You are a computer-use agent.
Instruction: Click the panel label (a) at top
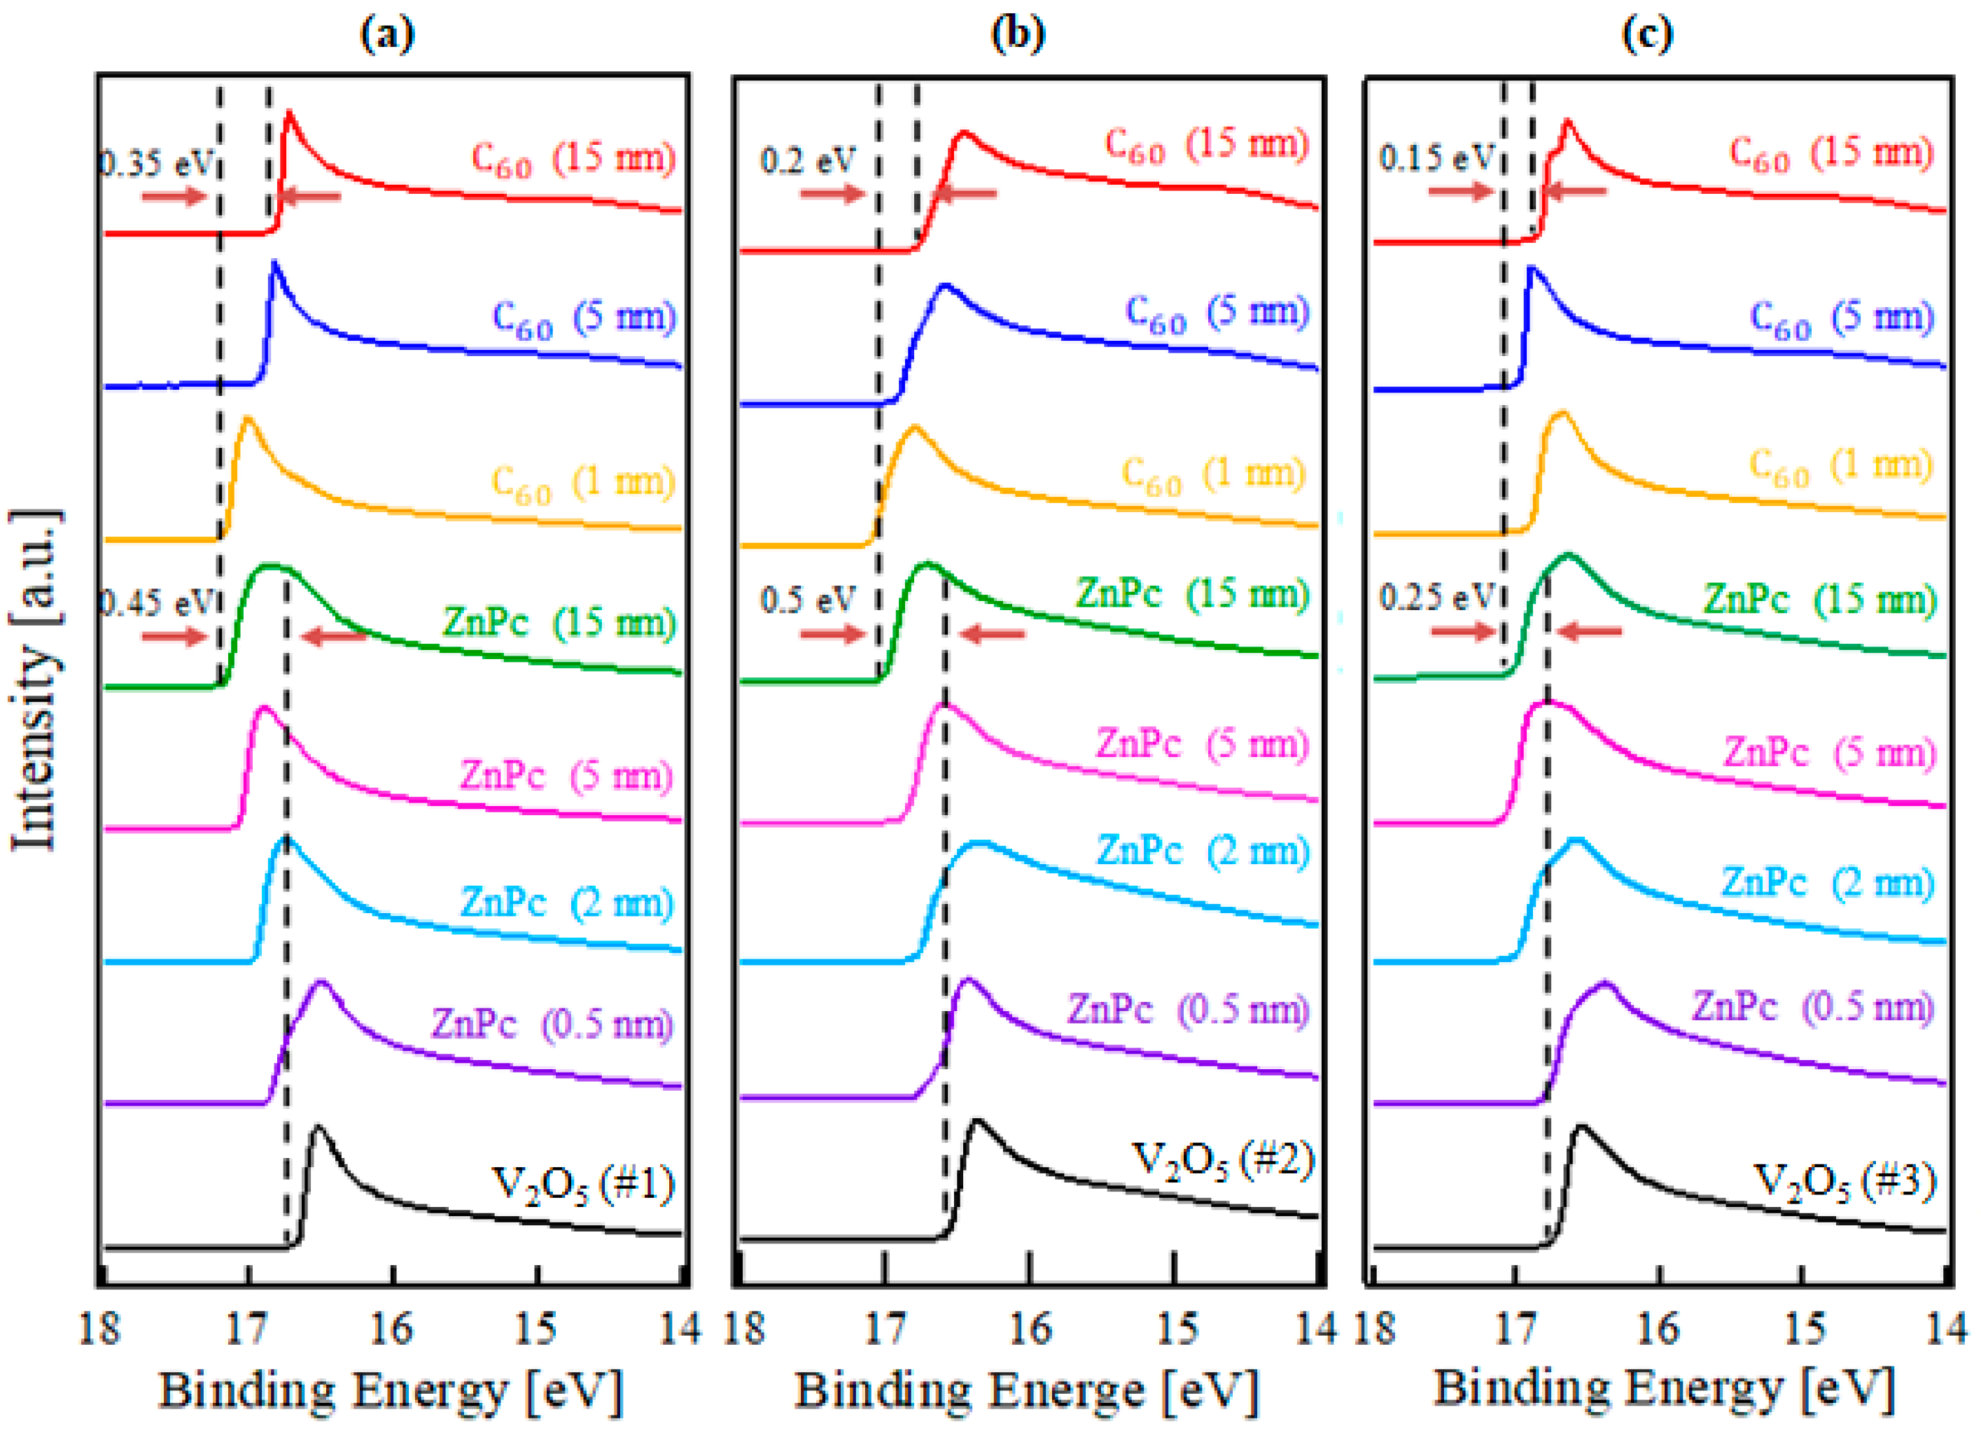click(387, 35)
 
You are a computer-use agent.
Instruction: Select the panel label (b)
click(1018, 35)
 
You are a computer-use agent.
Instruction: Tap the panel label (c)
click(1646, 35)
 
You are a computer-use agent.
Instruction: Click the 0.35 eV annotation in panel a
click(155, 162)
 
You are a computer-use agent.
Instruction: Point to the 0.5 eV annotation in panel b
click(807, 600)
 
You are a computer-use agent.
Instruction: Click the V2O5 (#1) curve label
click(584, 1186)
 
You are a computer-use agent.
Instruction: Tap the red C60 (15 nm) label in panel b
click(1206, 145)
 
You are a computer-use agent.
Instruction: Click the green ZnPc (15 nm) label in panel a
click(559, 623)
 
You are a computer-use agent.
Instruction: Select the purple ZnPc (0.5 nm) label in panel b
click(1188, 1010)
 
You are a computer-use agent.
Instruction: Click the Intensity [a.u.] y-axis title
click(35, 679)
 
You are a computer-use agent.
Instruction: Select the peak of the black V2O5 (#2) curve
click(976, 1120)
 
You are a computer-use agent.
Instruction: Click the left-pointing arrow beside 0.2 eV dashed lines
click(965, 193)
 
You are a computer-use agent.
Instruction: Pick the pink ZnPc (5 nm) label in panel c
click(1829, 753)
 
